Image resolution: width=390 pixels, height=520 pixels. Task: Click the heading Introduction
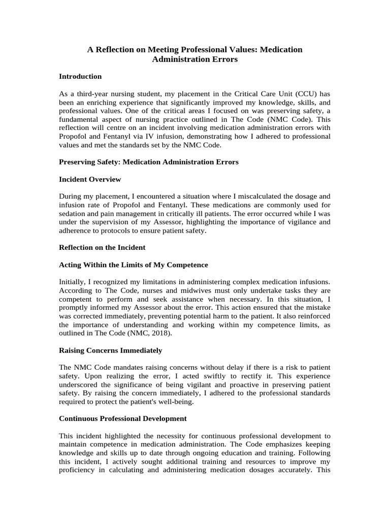tap(80, 76)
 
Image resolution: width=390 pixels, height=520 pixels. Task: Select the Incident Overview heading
tap(90, 179)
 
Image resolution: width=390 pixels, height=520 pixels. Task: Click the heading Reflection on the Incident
tap(102, 247)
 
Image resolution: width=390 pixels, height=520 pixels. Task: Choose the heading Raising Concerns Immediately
tap(111, 350)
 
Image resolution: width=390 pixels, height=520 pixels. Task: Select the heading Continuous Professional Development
tap(123, 419)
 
